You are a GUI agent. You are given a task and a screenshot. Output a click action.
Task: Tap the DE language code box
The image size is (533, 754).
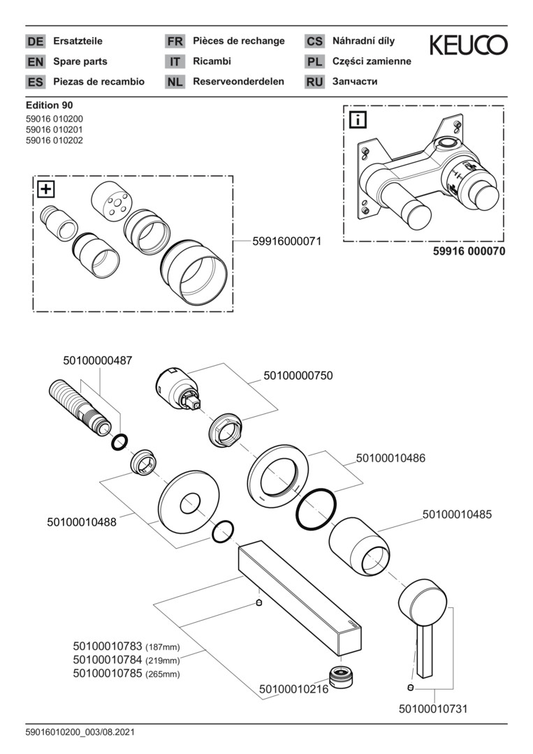[x=35, y=41]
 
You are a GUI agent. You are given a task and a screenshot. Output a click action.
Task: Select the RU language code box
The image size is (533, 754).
[x=314, y=82]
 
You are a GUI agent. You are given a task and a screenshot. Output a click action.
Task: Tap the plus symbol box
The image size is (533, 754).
[x=45, y=188]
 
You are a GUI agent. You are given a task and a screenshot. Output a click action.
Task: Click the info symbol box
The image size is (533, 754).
[x=356, y=119]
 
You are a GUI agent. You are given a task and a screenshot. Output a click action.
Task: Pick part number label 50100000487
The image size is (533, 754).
[x=97, y=360]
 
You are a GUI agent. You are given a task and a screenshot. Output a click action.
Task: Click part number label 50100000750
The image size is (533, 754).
[x=298, y=376]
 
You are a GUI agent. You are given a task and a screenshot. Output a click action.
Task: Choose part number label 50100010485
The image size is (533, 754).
[x=457, y=515]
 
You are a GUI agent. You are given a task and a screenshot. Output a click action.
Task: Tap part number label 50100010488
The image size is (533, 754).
[x=82, y=522]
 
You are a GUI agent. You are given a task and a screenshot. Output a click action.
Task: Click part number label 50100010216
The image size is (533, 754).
[x=293, y=690]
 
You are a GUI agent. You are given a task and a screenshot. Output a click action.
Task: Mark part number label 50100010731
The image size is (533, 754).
[x=432, y=709]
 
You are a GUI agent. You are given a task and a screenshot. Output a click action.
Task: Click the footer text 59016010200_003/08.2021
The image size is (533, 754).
[x=80, y=733]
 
